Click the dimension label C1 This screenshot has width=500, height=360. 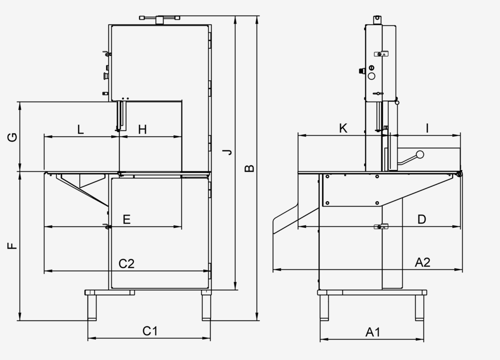(150, 331)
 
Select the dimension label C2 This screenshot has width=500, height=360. (127, 264)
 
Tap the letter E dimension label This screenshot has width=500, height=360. (127, 220)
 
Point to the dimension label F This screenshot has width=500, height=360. (12, 246)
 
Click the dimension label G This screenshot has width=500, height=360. (12, 137)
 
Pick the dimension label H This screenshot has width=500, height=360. (142, 129)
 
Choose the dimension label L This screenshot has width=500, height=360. (80, 129)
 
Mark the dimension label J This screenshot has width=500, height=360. (228, 152)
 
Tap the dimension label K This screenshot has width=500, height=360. (343, 128)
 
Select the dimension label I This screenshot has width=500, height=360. (427, 128)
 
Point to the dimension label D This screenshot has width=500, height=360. (422, 220)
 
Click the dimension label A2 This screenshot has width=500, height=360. (422, 262)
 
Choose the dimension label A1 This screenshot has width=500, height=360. (373, 332)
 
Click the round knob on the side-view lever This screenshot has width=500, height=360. (420, 155)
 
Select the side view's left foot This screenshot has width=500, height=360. (324, 308)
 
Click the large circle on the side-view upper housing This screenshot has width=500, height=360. (371, 76)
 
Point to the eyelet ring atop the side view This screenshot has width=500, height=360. (377, 18)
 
